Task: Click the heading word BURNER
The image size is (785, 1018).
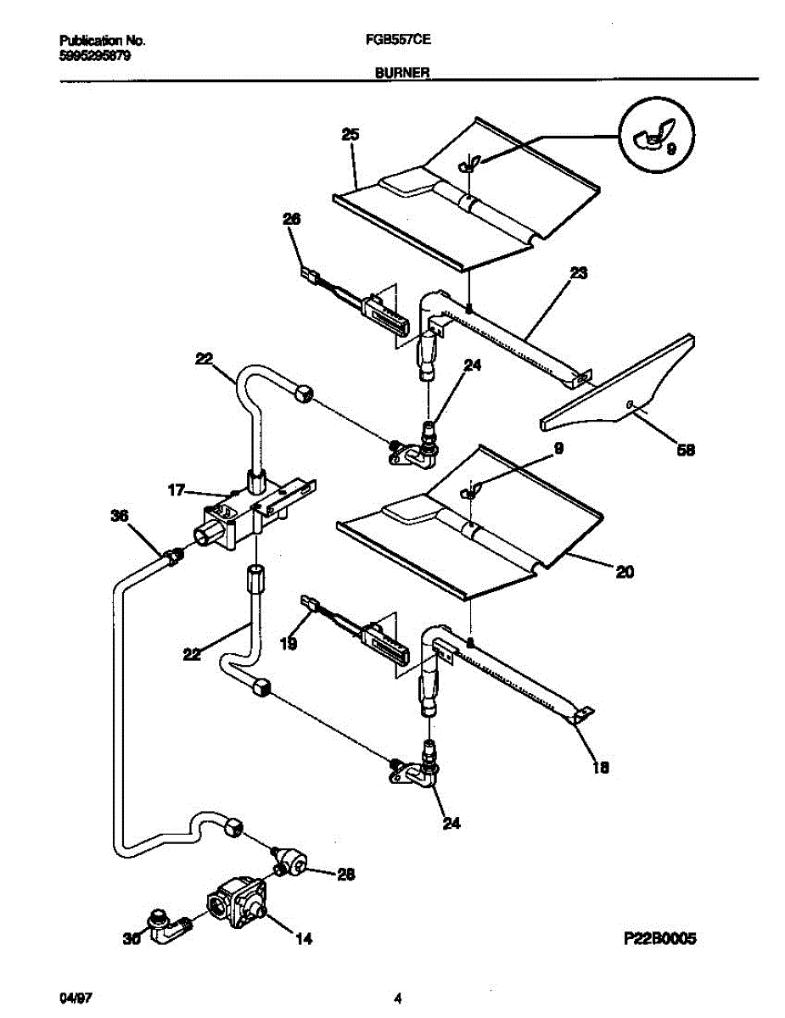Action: coord(401,74)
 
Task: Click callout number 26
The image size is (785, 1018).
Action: coord(292,220)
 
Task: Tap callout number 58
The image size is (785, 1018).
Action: coord(684,450)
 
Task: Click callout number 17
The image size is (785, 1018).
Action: coord(176,489)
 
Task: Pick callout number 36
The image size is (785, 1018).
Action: coord(121,515)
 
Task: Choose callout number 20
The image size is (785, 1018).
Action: coord(624,572)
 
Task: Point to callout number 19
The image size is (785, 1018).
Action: coord(289,644)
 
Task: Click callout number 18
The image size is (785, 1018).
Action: coord(601,768)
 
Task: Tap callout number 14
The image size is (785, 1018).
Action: coord(303,939)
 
